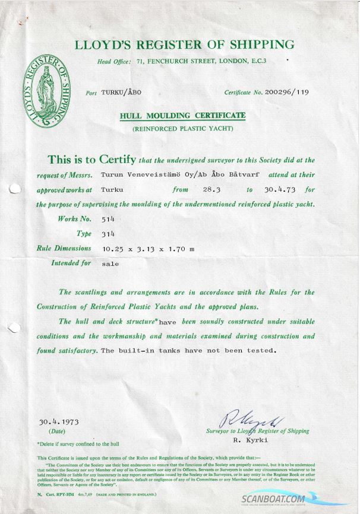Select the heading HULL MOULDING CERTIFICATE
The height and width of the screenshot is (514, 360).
[182, 115]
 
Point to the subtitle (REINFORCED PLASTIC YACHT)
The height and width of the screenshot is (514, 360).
[182, 128]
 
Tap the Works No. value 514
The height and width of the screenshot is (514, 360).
[108, 219]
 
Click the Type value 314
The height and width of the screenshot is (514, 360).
[108, 234]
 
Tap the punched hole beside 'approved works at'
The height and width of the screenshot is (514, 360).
[15, 189]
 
